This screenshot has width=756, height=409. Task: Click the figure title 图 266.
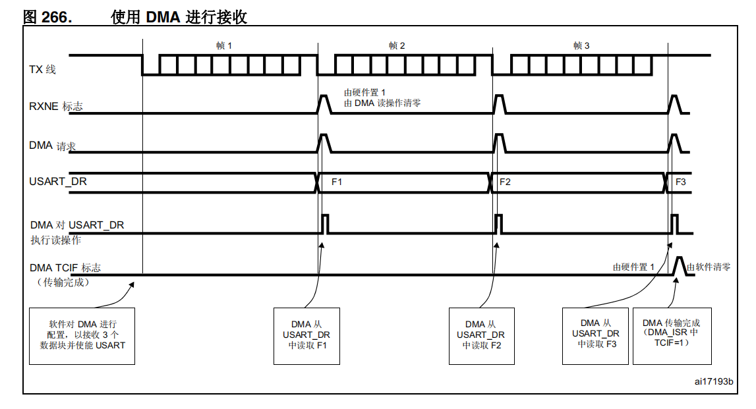(47, 16)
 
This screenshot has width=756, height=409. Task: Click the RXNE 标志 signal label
(56, 106)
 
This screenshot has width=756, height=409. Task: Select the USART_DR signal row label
(58, 181)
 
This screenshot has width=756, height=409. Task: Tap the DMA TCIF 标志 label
(65, 268)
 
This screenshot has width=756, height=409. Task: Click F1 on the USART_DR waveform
(336, 182)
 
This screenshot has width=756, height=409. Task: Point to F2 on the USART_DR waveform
(505, 182)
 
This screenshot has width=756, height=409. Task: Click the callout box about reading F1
(306, 335)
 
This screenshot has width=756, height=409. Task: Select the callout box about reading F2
(480, 335)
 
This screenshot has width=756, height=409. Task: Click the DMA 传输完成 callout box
(672, 335)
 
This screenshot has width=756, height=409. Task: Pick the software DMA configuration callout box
(82, 335)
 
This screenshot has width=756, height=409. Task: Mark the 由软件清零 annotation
(709, 267)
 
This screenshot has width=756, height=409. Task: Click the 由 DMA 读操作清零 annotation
(382, 103)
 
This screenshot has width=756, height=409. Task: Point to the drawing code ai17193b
(713, 381)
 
